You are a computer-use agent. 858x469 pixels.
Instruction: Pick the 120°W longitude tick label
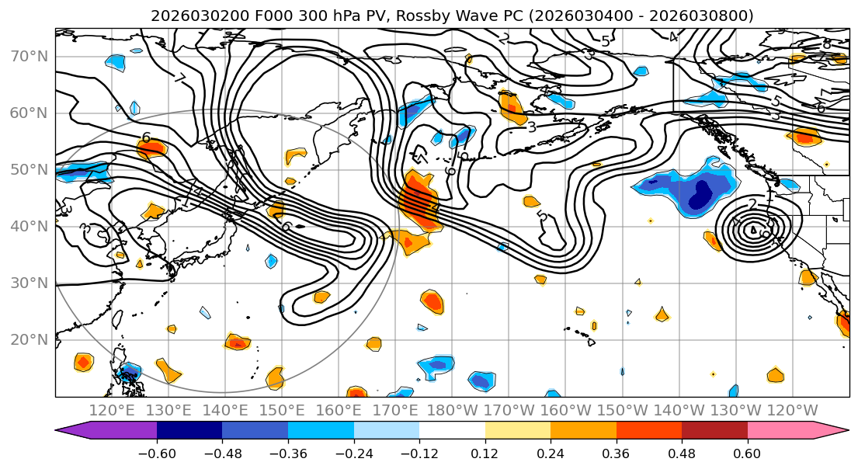click(x=793, y=410)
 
